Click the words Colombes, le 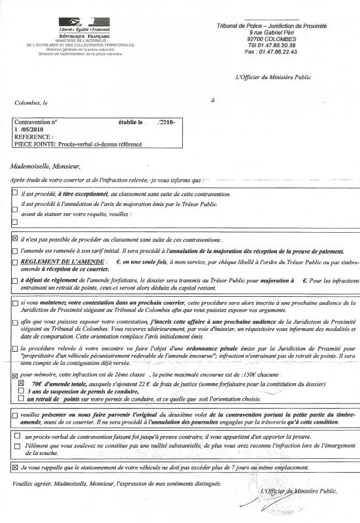(x=31, y=103)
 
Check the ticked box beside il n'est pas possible (x=16, y=240)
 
